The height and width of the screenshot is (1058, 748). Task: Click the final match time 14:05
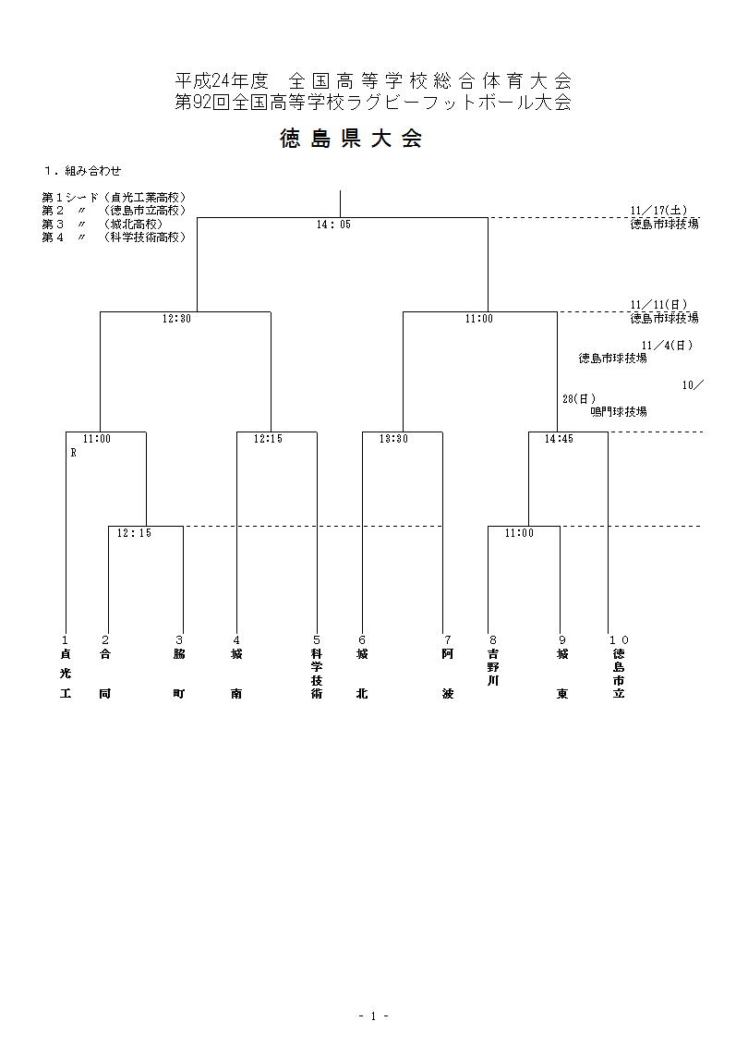[x=333, y=225]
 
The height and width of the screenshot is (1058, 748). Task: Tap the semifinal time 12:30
[x=175, y=319]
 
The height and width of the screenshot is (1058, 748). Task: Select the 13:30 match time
[x=393, y=439]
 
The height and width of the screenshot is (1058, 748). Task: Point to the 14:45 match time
[x=559, y=439]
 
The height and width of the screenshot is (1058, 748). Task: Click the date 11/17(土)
[x=658, y=211]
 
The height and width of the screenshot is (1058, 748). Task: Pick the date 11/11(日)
[x=658, y=305]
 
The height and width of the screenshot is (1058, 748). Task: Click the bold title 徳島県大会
[x=351, y=140]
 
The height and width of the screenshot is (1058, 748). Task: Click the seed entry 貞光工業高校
[x=148, y=198]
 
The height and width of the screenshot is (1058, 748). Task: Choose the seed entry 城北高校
[x=136, y=225]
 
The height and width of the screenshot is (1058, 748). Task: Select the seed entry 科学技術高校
[x=148, y=237]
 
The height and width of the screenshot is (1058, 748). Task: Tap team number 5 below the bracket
[x=317, y=639]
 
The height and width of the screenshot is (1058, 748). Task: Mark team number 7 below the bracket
[x=447, y=639]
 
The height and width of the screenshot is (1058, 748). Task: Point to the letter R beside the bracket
[x=73, y=453]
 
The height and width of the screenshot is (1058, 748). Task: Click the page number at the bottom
[x=373, y=1016]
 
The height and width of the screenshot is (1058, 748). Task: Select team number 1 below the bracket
[x=65, y=639]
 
